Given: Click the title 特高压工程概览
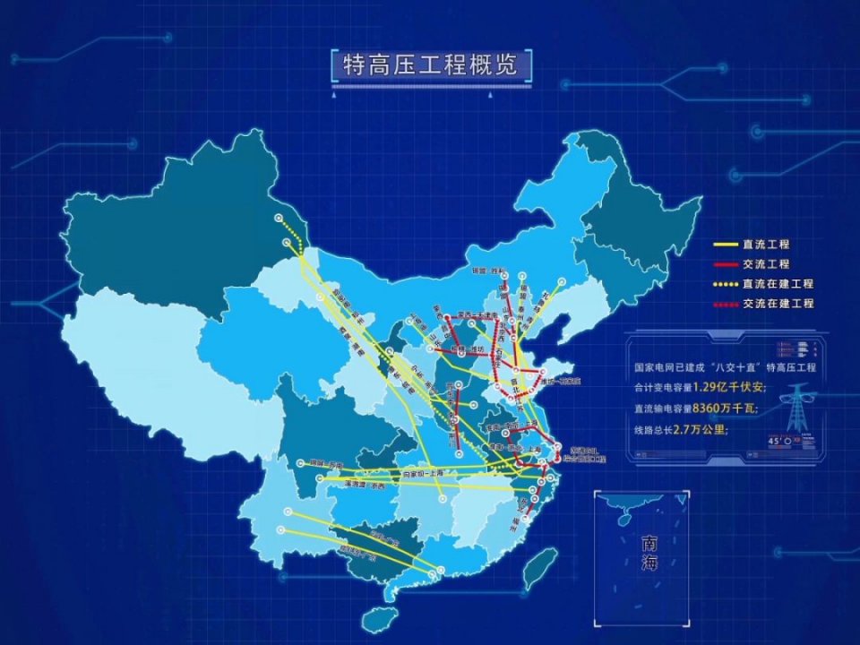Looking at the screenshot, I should pyautogui.click(x=430, y=64).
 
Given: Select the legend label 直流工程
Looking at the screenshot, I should pyautogui.click(x=765, y=245).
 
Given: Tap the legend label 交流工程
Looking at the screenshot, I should pyautogui.click(x=765, y=264).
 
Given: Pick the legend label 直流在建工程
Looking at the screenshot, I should pyautogui.click(x=778, y=284).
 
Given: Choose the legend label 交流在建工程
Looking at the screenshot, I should pyautogui.click(x=778, y=304).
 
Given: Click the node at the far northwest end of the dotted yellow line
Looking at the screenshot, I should pyautogui.click(x=279, y=217).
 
